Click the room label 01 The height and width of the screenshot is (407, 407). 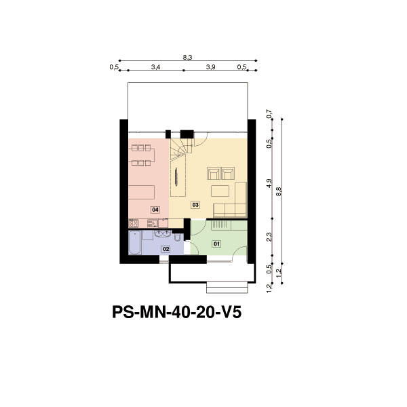[216, 244]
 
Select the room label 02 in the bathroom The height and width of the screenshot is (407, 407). [166, 249]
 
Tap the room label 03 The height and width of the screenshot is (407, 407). [195, 205]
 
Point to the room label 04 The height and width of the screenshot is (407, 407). [155, 210]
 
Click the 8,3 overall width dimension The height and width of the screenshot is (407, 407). [187, 58]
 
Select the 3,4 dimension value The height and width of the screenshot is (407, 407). [156, 67]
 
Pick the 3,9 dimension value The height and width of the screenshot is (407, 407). [210, 67]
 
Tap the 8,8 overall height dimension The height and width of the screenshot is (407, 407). [279, 191]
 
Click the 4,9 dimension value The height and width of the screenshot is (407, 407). [269, 183]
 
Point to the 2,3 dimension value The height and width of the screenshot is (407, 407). [269, 237]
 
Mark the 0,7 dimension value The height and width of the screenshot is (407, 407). [269, 114]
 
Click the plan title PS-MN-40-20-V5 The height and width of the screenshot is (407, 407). [177, 312]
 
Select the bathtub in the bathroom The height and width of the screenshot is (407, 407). [135, 243]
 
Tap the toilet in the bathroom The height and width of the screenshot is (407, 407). [178, 237]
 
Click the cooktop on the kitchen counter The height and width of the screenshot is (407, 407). [134, 223]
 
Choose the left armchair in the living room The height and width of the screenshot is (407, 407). [214, 174]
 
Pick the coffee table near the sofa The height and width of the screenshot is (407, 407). [220, 191]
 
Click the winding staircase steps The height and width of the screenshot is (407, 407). [181, 149]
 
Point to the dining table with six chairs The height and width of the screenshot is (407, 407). [142, 155]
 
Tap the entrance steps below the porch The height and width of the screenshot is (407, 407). [227, 288]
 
